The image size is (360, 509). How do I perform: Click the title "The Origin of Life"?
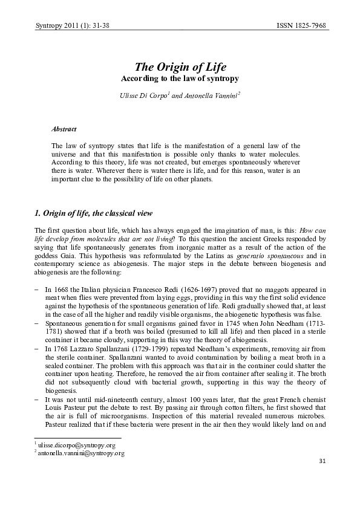pos(180,67)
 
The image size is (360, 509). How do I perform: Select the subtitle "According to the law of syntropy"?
pos(180,79)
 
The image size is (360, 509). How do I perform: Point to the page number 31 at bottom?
pos(321,461)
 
